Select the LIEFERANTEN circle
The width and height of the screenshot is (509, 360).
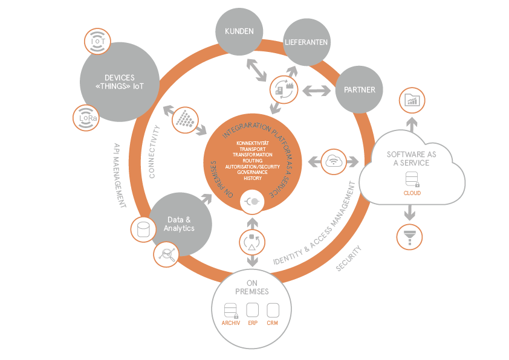(306, 42)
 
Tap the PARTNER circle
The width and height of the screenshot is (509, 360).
(359, 90)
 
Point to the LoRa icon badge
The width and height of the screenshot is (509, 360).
(86, 118)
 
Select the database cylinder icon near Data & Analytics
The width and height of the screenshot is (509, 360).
(144, 230)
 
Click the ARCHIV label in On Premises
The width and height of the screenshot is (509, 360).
(231, 323)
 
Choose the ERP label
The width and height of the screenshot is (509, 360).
(253, 323)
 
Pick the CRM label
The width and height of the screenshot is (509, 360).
(272, 323)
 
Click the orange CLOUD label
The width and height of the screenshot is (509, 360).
(412, 193)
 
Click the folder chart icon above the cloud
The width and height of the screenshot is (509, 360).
(412, 100)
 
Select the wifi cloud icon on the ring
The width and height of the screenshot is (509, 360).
(335, 161)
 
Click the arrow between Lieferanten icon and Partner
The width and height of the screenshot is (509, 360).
(316, 91)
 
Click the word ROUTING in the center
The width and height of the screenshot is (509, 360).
(253, 161)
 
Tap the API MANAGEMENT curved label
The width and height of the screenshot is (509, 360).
(119, 176)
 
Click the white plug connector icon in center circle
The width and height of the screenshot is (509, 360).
(253, 202)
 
